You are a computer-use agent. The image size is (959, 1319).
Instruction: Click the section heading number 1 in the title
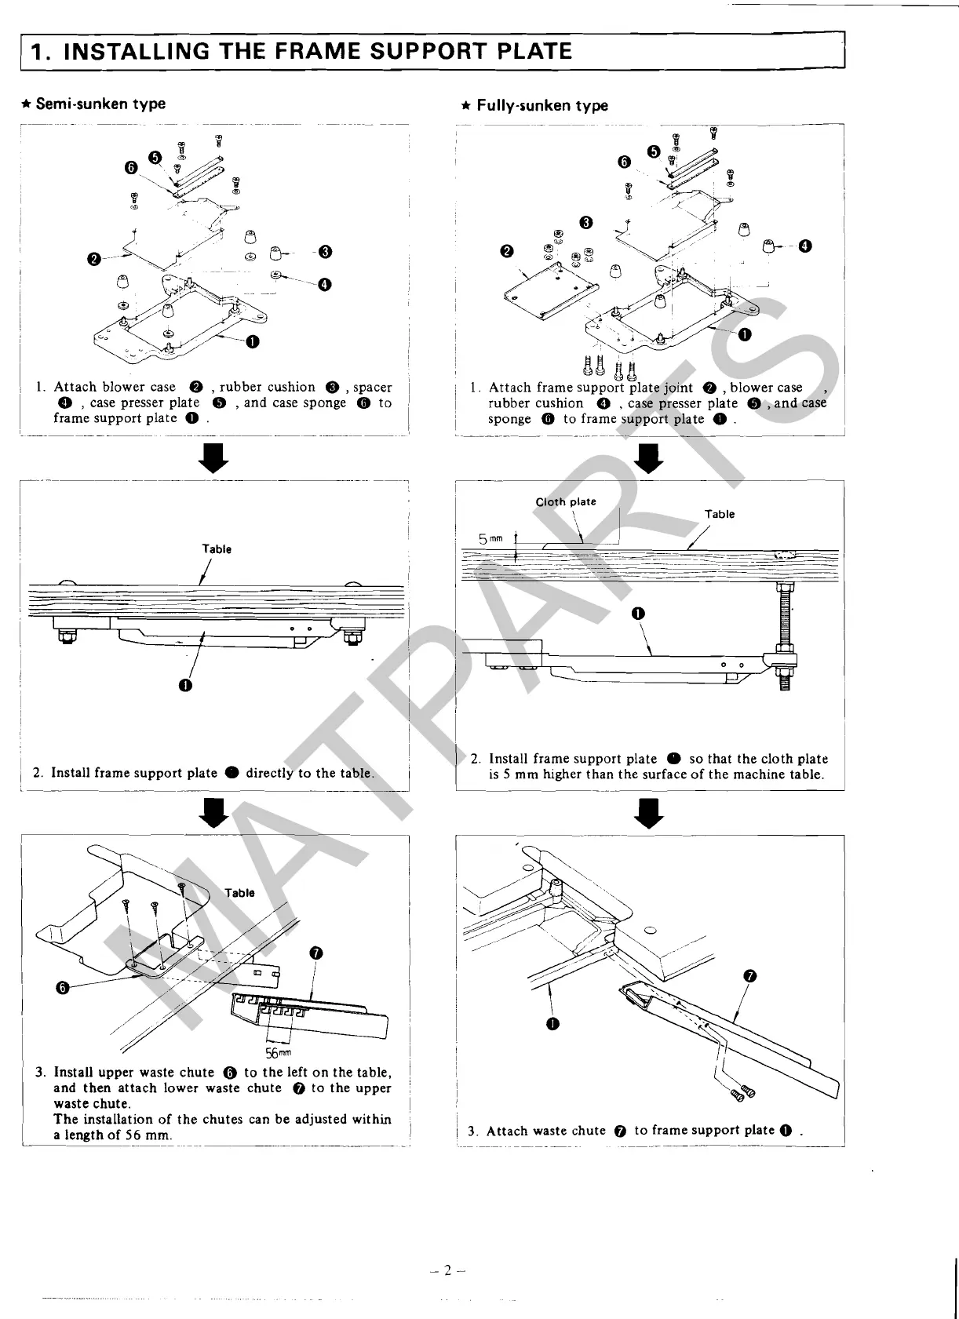pos(36,53)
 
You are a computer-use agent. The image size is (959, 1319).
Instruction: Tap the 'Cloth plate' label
pos(566,501)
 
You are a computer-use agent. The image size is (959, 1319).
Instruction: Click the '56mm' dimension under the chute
pos(279,1052)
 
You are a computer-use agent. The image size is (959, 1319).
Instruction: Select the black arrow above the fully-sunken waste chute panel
pos(649,813)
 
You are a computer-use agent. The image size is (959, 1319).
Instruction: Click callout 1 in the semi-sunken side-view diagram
pos(184,686)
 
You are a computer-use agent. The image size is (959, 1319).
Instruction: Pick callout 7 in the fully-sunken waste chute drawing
pos(749,976)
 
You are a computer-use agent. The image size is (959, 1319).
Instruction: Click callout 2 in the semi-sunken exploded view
pos(94,259)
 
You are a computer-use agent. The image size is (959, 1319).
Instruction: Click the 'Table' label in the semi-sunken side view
pos(217,549)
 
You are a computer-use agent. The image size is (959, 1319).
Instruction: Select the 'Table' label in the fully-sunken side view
pos(720,514)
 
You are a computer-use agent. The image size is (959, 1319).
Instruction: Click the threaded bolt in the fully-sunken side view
pos(783,621)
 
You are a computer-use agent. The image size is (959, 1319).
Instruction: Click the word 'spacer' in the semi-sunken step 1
pos(372,387)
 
